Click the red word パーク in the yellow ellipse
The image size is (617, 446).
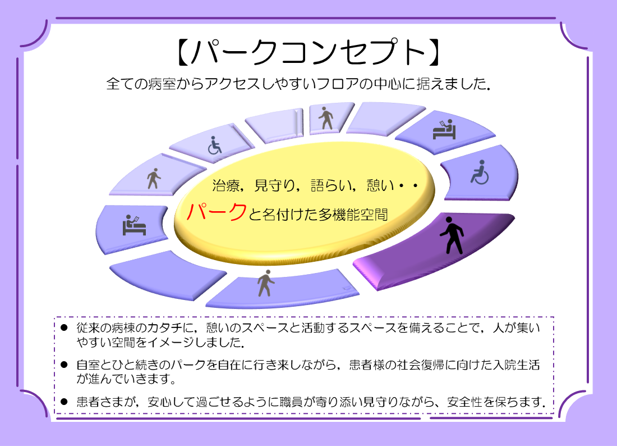pyautogui.click(x=217, y=212)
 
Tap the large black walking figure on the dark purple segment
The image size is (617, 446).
pyautogui.click(x=452, y=235)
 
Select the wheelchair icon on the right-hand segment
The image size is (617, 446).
pyautogui.click(x=480, y=172)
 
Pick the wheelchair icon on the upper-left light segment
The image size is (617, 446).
pyautogui.click(x=214, y=145)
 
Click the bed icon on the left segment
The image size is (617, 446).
pyautogui.click(x=134, y=225)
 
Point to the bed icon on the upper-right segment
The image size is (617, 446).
pyautogui.click(x=444, y=130)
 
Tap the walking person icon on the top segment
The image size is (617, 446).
pyautogui.click(x=326, y=118)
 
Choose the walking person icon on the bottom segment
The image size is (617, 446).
pyautogui.click(x=266, y=283)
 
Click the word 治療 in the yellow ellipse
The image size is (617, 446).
pyautogui.click(x=226, y=185)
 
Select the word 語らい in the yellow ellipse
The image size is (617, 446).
pyautogui.click(x=331, y=185)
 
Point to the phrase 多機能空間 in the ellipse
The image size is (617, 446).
pyautogui.click(x=353, y=215)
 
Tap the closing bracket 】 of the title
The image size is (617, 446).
pyautogui.click(x=434, y=52)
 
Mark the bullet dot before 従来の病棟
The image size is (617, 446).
pyautogui.click(x=64, y=327)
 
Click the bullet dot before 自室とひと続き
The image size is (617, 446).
pyautogui.click(x=64, y=365)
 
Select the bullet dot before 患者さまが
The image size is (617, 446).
pyautogui.click(x=64, y=402)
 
